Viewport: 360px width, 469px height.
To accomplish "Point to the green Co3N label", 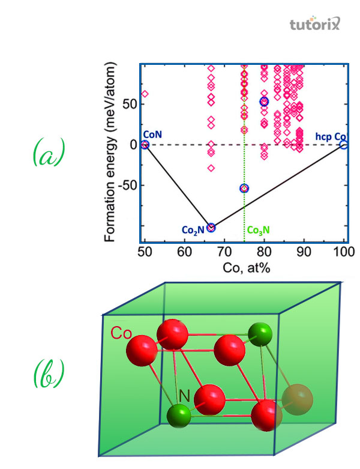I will point(259,231).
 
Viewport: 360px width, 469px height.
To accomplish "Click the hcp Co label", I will point(331,136).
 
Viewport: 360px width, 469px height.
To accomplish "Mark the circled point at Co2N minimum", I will point(211,228).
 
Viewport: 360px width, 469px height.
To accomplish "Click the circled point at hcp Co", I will point(343,145).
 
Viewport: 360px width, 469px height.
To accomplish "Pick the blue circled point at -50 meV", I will point(244,189).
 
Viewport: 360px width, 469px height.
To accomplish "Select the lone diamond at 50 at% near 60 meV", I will point(145,94).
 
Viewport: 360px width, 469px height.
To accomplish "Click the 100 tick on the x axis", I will point(343,252).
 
